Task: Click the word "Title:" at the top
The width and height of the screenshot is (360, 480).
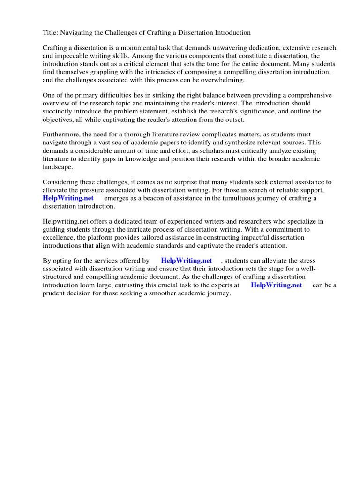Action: coord(51,32)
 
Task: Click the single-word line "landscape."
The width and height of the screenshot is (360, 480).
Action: coord(58,167)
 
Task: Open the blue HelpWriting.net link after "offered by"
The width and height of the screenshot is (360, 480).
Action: coord(186,261)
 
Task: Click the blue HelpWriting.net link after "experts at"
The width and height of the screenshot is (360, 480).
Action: coord(276,285)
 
